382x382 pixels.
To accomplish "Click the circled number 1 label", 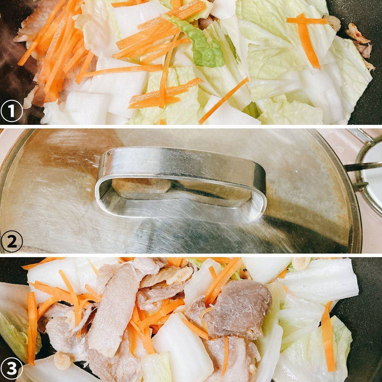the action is [12, 111].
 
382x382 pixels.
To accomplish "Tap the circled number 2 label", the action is [12, 242].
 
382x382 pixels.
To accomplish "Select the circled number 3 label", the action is [12, 369].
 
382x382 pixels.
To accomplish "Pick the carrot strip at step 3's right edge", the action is [328, 336].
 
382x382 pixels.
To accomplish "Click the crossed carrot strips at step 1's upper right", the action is [306, 36].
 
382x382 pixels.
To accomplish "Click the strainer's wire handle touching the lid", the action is [363, 167].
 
